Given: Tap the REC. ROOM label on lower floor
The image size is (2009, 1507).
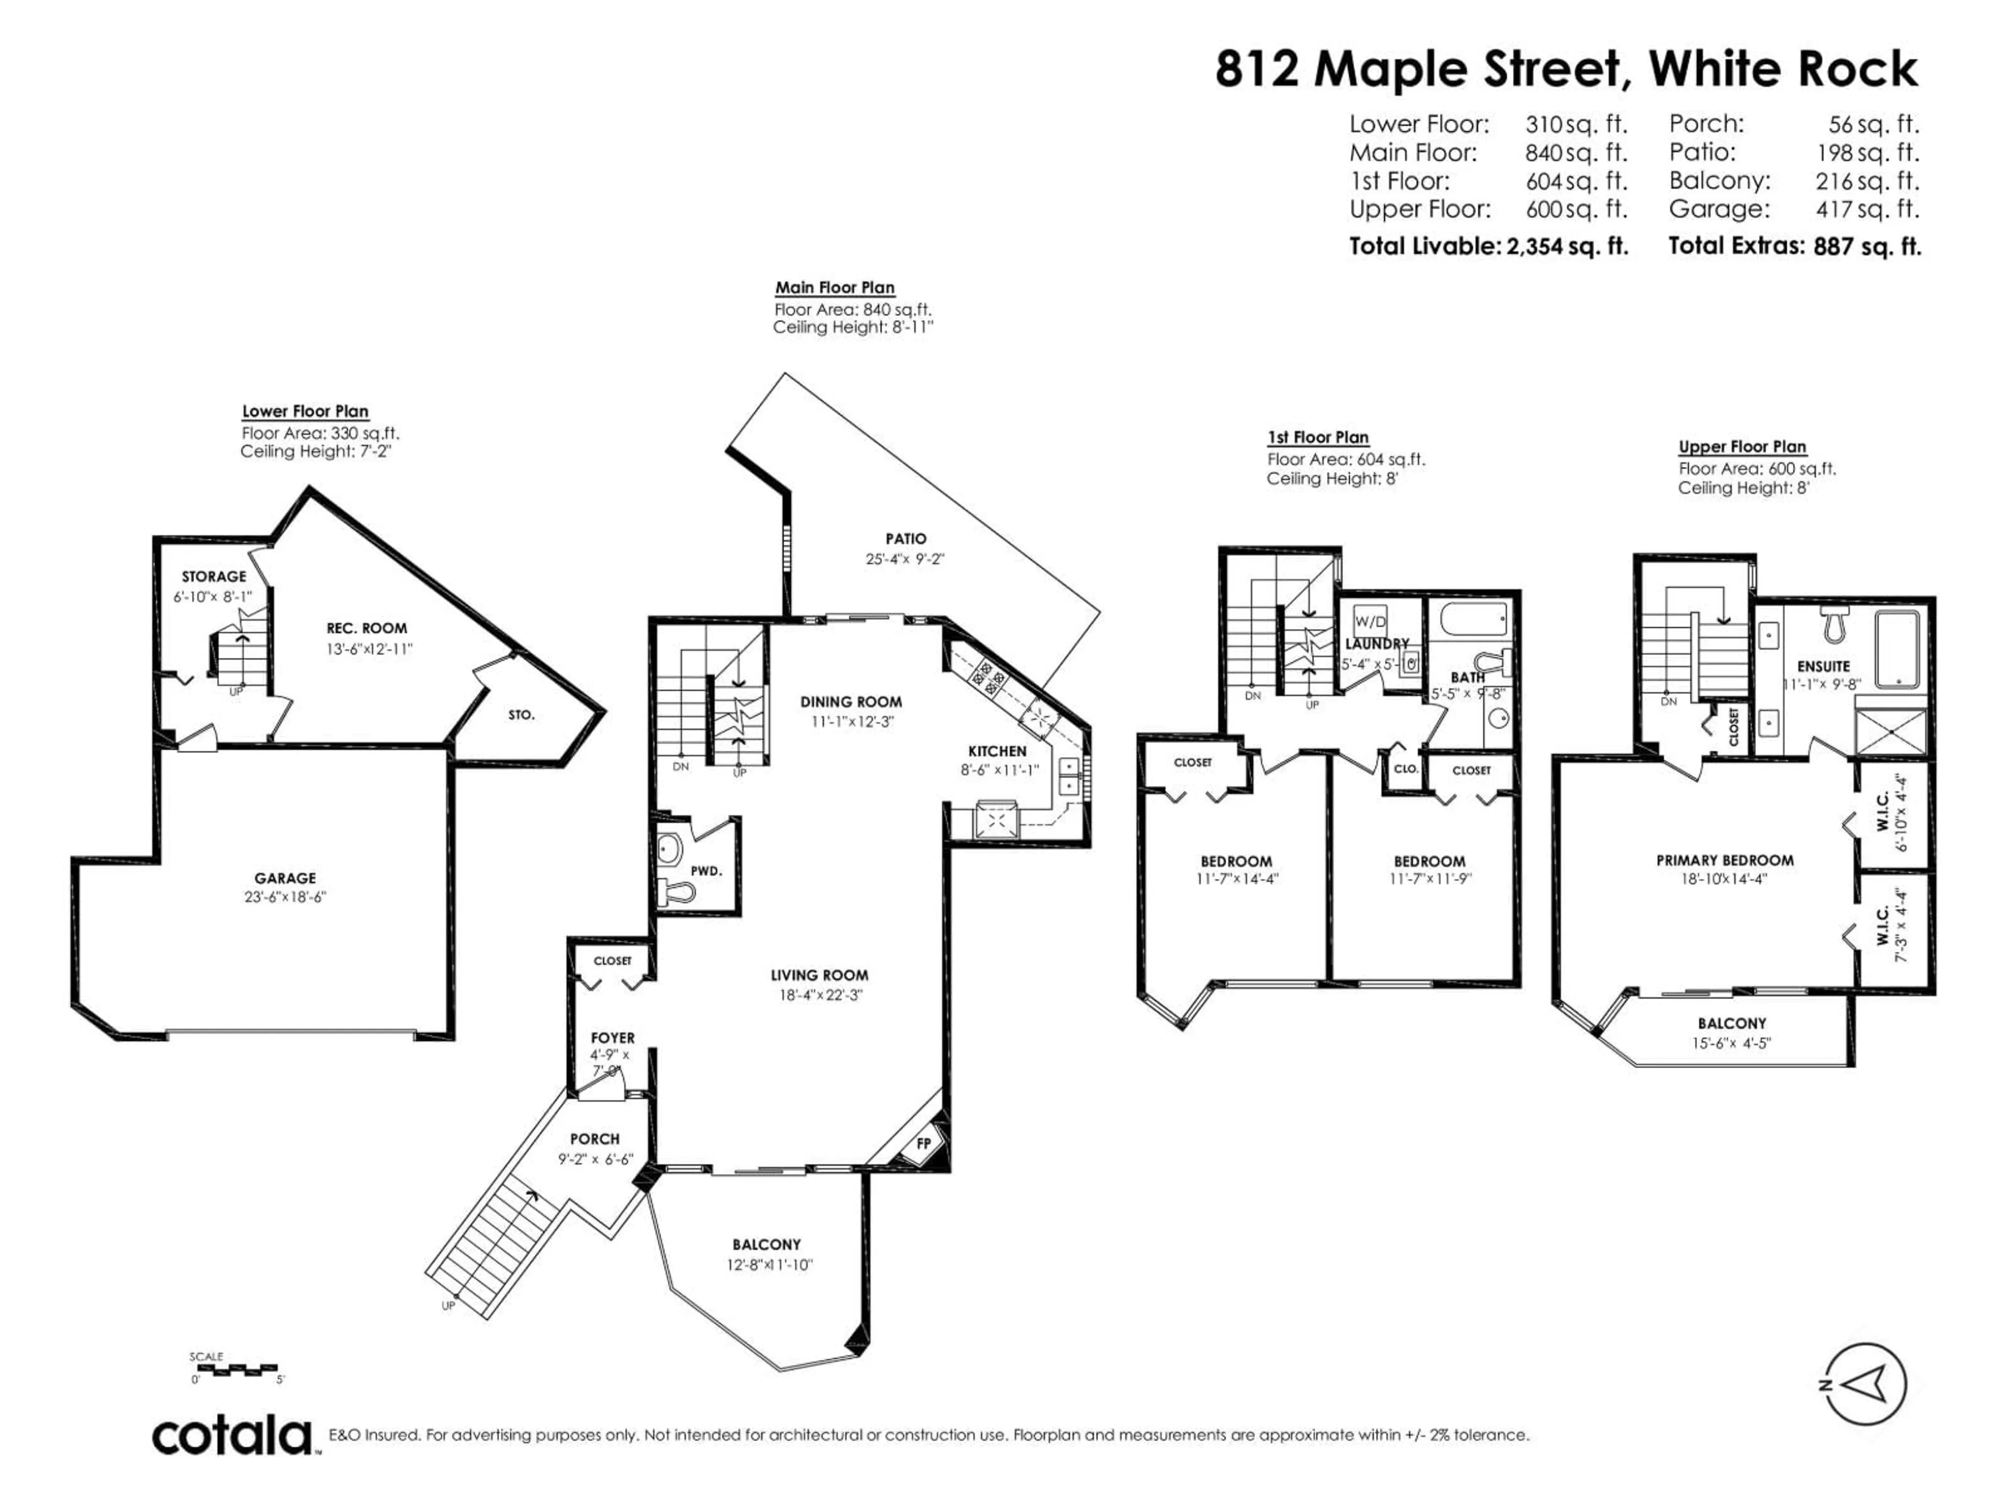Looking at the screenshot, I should click(367, 628).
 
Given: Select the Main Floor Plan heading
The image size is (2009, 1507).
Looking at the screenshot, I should click(834, 288).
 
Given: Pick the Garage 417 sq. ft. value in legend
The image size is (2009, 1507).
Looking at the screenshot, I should click(1867, 209).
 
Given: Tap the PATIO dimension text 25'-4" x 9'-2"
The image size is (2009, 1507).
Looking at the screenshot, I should click(905, 559).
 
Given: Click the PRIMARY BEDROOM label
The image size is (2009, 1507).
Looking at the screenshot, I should click(1725, 860).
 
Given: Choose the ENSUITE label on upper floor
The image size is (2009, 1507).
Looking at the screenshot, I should click(1823, 666).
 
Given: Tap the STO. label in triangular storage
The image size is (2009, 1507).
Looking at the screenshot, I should click(521, 715).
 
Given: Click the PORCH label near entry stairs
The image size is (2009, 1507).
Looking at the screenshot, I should click(595, 1138).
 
